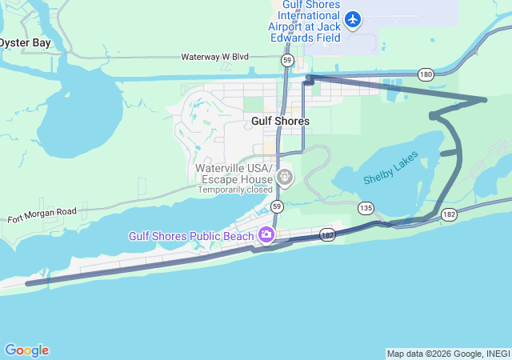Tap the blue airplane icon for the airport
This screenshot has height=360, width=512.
click(354, 18)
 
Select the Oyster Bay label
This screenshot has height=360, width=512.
click(30, 42)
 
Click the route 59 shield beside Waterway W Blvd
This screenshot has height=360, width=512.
click(286, 60)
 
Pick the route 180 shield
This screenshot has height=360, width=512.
click(426, 74)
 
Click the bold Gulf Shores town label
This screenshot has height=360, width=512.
click(280, 121)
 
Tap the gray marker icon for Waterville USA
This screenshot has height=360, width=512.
click(284, 176)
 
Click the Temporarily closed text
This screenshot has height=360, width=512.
click(235, 190)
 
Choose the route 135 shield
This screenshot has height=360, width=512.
click(366, 208)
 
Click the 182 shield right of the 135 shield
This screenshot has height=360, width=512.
click(449, 214)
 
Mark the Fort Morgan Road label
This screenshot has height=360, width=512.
click(42, 214)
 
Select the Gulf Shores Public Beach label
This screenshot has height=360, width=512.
click(191, 235)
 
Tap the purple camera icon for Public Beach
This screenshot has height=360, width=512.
click(266, 234)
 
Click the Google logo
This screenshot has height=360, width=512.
click(26, 350)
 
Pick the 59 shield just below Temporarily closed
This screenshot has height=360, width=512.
click(277, 206)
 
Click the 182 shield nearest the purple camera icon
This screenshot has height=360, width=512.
click(327, 234)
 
